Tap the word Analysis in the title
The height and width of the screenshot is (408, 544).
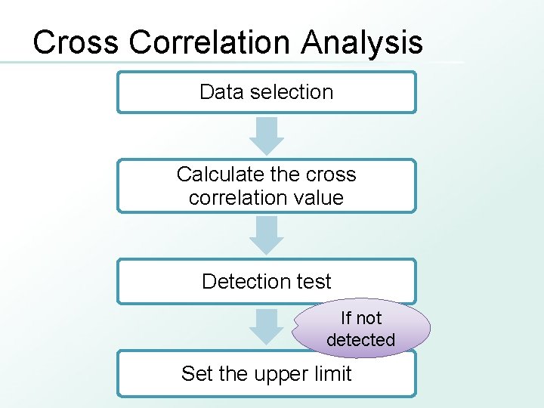point(362,42)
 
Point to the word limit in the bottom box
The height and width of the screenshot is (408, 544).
point(332,374)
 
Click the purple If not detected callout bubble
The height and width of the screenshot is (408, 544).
point(361,329)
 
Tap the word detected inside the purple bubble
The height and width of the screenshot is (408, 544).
point(361,340)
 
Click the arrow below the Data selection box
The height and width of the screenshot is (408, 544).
point(267,136)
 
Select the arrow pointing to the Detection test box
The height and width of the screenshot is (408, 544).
point(267,235)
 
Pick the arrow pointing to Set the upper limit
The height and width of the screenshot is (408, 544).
point(267,326)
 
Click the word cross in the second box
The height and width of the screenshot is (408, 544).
point(330,175)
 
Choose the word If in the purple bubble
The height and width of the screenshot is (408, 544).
point(346,318)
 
